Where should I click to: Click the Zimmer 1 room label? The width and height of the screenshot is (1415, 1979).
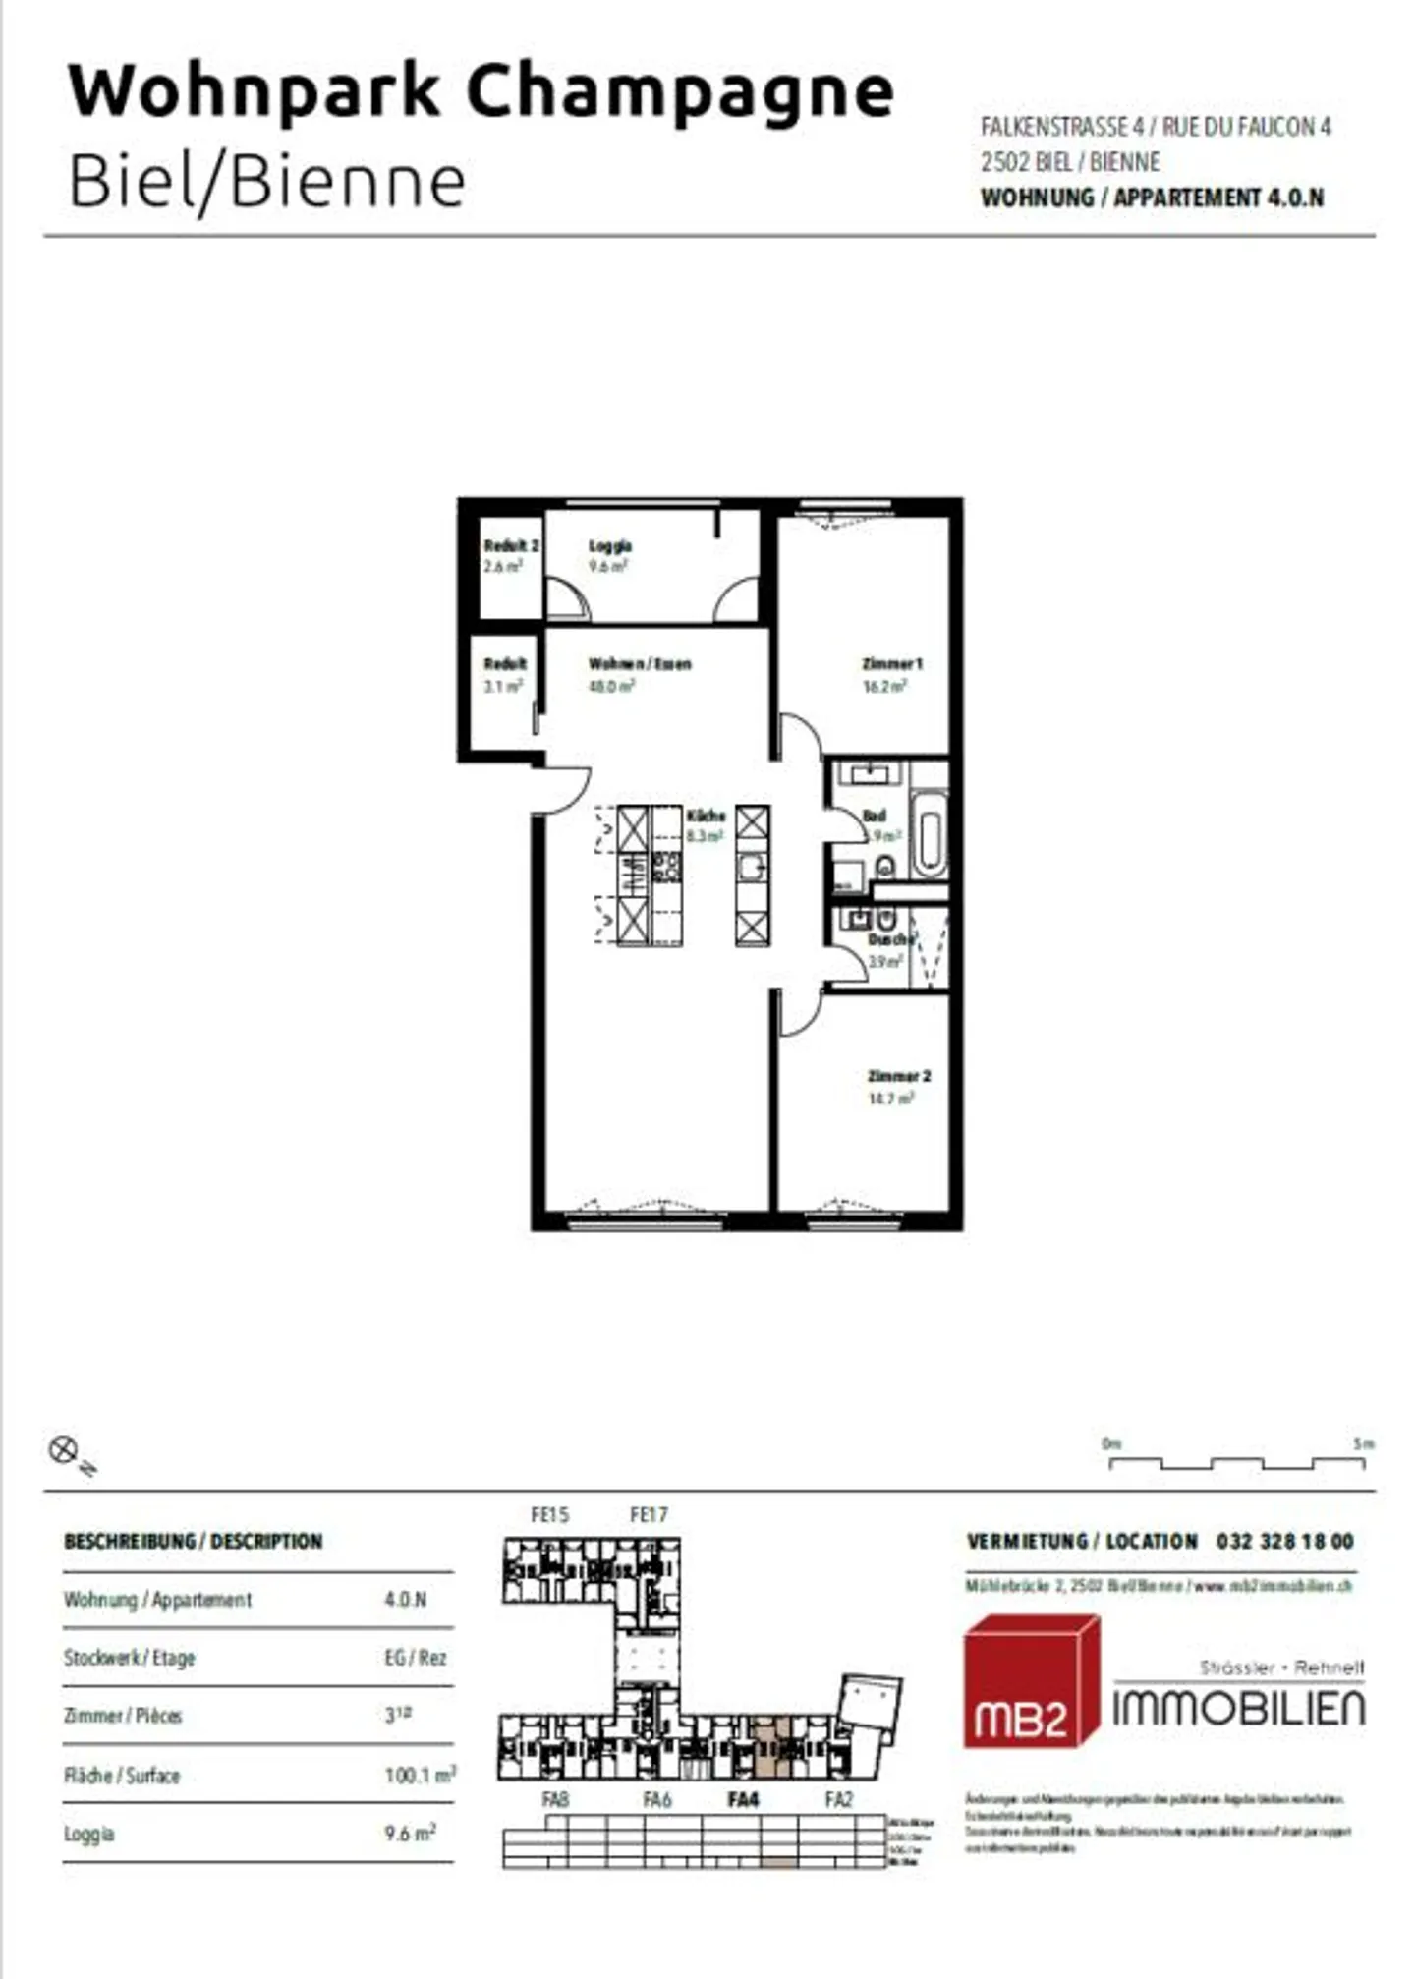pyautogui.click(x=892, y=664)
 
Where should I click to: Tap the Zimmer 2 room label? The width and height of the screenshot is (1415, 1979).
pyautogui.click(x=898, y=1076)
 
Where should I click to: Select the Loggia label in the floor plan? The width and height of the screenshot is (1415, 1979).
pyautogui.click(x=609, y=546)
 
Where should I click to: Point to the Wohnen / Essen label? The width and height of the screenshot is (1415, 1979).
pyautogui.click(x=640, y=664)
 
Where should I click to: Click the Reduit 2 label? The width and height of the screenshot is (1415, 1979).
pyautogui.click(x=511, y=546)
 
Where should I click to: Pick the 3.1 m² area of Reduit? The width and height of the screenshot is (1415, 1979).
pyautogui.click(x=503, y=686)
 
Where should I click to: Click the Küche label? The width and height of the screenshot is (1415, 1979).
pyautogui.click(x=706, y=816)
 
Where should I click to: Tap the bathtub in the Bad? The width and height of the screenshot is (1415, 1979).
pyautogui.click(x=929, y=836)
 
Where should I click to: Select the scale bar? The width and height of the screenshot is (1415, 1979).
pyautogui.click(x=1236, y=1463)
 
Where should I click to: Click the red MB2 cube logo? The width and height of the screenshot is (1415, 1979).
pyautogui.click(x=1029, y=1683)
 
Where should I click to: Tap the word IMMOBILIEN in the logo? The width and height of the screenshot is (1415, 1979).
pyautogui.click(x=1238, y=1710)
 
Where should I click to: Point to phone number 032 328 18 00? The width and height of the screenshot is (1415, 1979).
pyautogui.click(x=1284, y=1541)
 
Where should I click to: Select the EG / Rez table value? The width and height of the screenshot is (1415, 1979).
pyautogui.click(x=415, y=1658)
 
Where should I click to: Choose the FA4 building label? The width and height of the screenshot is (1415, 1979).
pyautogui.click(x=743, y=1800)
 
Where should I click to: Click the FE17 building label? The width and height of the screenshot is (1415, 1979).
pyautogui.click(x=649, y=1515)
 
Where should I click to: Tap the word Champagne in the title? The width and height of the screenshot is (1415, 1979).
pyautogui.click(x=679, y=91)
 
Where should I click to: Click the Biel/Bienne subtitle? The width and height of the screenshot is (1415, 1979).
pyautogui.click(x=266, y=182)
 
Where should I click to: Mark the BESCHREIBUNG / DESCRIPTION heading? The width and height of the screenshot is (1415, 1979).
pyautogui.click(x=194, y=1541)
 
